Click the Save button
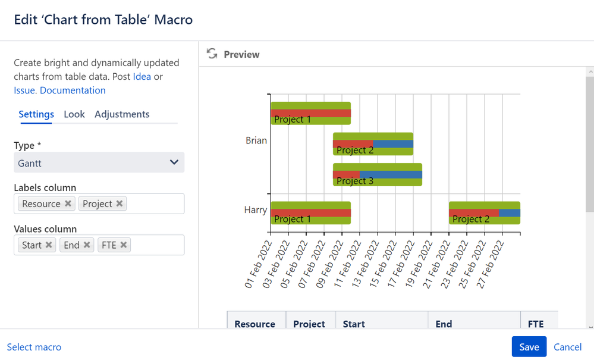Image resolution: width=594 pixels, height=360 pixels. [x=529, y=347]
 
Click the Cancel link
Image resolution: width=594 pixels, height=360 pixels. [x=567, y=347]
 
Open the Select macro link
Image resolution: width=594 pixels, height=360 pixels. [x=34, y=347]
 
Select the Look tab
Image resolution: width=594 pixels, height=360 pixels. [x=74, y=114]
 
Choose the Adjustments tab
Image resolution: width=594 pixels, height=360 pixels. [x=122, y=114]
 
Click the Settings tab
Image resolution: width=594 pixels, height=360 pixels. [x=36, y=114]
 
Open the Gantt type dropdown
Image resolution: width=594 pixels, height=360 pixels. [x=99, y=162]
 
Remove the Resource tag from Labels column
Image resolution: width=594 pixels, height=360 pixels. [x=68, y=204]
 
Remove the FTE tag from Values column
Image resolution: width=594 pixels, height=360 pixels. [x=124, y=245]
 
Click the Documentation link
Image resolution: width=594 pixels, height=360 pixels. [x=73, y=90]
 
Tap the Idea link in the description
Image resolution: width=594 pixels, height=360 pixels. [x=142, y=77]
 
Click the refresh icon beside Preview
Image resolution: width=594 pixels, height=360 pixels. [x=212, y=54]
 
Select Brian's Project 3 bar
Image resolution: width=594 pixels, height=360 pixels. [x=377, y=175]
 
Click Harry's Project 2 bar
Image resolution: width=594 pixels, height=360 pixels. [x=484, y=213]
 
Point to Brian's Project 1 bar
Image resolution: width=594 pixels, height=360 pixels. [x=310, y=113]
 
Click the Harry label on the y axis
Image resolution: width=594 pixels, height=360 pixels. [x=255, y=209]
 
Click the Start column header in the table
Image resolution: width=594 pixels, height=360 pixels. [x=354, y=324]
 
